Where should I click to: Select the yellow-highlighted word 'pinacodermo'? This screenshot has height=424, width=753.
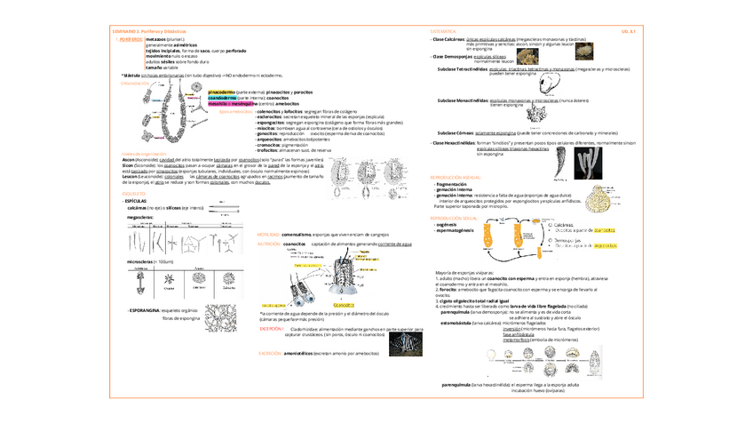[x=221, y=92]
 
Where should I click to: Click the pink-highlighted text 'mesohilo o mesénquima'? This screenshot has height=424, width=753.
[x=228, y=103]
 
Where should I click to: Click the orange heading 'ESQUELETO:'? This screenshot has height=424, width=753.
[x=133, y=193]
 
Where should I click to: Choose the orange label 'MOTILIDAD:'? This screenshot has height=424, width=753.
[x=268, y=233]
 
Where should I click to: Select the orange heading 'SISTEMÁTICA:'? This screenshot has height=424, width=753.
[x=442, y=30]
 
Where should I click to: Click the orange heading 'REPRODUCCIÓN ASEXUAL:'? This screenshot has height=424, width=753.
[x=458, y=177]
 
